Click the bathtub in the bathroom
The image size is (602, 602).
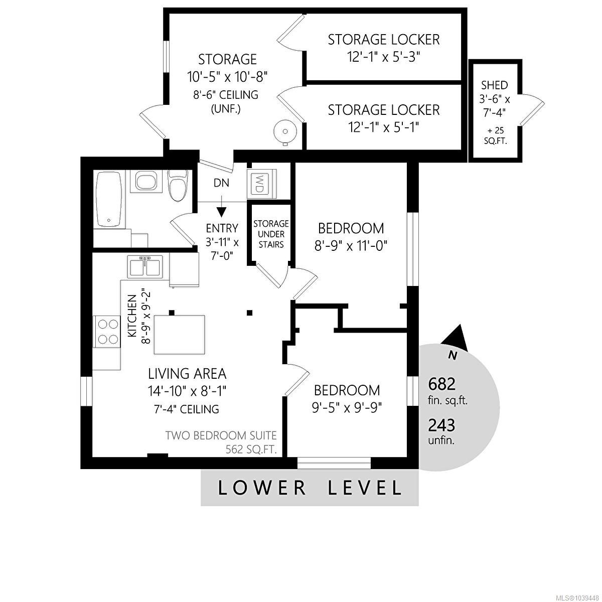coord(109,199)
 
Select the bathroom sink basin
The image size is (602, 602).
coord(146,181)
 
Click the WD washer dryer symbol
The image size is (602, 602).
coord(261,184)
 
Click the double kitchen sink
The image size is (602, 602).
coord(144,266)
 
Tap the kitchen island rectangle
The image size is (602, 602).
coord(180,335)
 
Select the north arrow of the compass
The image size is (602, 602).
coord(457,339)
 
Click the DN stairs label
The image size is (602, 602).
coord(222,183)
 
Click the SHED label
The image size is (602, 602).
coord(495,85)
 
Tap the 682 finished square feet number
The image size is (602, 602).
coord(441,384)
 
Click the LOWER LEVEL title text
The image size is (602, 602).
coord(310,488)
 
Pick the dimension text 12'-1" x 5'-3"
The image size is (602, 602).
coord(384,57)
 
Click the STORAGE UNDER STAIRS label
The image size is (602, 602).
coord(271,234)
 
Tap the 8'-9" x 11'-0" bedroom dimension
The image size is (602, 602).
coord(351,246)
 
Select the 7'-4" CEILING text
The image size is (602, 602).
coord(187,409)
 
